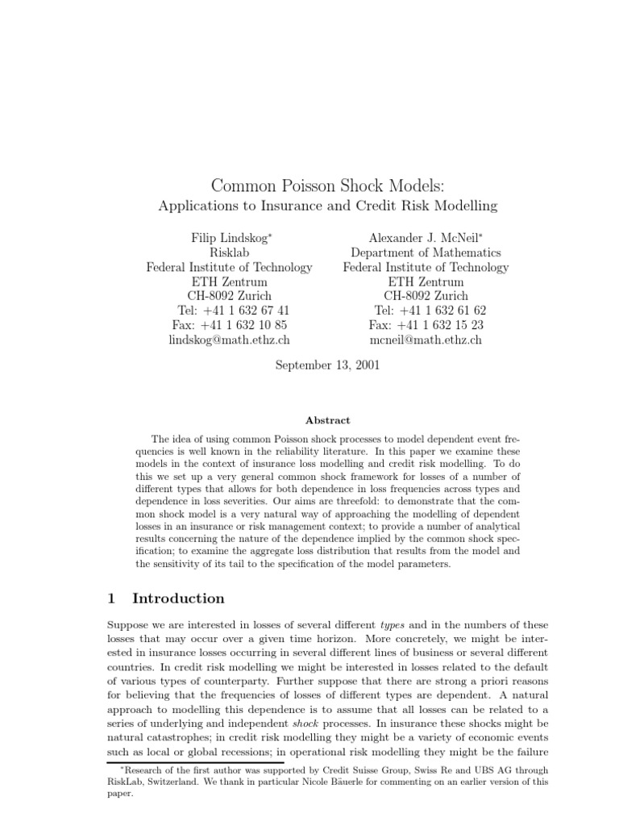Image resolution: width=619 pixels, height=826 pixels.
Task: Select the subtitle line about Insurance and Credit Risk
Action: pyautogui.click(x=327, y=206)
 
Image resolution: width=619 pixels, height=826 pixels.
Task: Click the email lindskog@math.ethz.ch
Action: pyautogui.click(x=229, y=340)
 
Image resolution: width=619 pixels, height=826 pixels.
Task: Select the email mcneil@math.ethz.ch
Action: pyautogui.click(x=426, y=340)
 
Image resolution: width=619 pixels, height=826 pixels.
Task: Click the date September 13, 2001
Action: pyautogui.click(x=327, y=365)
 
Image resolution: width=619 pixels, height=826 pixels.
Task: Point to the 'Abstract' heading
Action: pyautogui.click(x=327, y=420)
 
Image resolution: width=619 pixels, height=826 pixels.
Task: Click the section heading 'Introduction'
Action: pyautogui.click(x=178, y=599)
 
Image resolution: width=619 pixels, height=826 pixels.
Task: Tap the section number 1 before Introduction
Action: pyautogui.click(x=112, y=599)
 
